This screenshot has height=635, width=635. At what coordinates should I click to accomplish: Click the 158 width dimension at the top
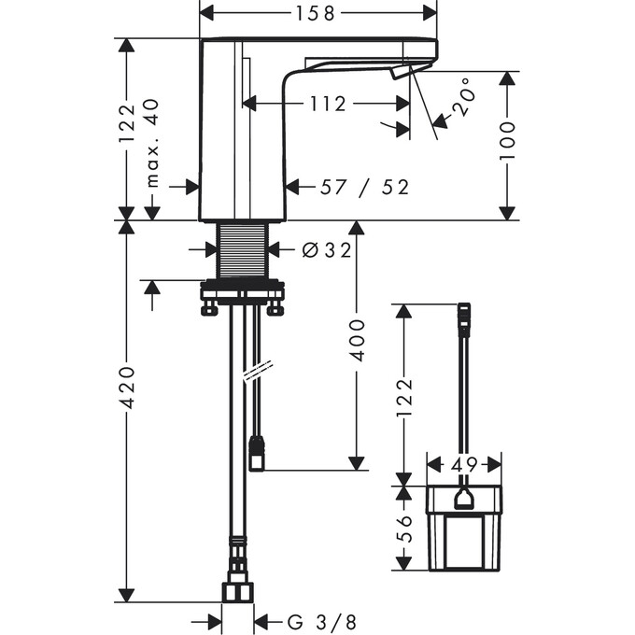(316, 14)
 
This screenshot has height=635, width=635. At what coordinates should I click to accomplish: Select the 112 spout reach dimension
(328, 104)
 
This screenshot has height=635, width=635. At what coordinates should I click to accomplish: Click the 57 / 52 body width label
(364, 187)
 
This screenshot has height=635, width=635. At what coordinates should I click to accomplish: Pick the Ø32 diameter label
(327, 250)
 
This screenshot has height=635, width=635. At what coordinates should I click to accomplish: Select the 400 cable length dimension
(357, 340)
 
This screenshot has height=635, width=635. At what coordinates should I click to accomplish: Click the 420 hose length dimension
(127, 388)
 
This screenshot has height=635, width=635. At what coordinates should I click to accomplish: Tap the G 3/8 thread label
(322, 621)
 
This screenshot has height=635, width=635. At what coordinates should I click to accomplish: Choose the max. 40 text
(152, 143)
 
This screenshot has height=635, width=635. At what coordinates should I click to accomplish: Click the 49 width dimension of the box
(464, 464)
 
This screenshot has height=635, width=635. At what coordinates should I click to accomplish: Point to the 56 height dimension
(403, 529)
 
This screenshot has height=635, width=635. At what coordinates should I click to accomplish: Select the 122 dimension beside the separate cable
(403, 398)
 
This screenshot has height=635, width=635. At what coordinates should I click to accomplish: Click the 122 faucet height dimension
(127, 123)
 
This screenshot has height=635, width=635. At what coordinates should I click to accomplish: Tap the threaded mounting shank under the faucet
(243, 250)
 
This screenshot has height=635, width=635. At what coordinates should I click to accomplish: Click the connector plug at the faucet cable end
(257, 454)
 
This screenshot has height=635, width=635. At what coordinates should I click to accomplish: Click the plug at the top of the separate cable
(464, 319)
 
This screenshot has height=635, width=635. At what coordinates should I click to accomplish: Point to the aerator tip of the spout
(400, 73)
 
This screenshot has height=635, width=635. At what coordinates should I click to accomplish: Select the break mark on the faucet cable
(258, 370)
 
